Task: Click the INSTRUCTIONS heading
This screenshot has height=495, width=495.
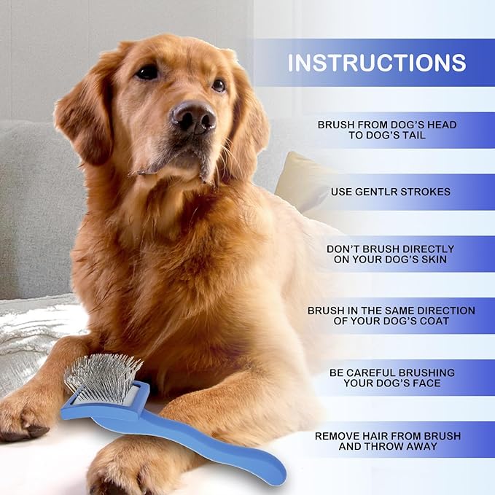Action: pyautogui.click(x=376, y=63)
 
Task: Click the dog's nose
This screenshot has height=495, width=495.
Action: pyautogui.click(x=193, y=117)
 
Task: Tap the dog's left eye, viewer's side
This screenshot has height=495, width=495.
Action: pyautogui.click(x=148, y=72)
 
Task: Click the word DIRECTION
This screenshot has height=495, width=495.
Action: pyautogui.click(x=448, y=311)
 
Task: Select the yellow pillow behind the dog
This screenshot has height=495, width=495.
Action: pyautogui.click(x=299, y=179)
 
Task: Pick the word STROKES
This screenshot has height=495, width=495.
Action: pyautogui.click(x=425, y=192)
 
